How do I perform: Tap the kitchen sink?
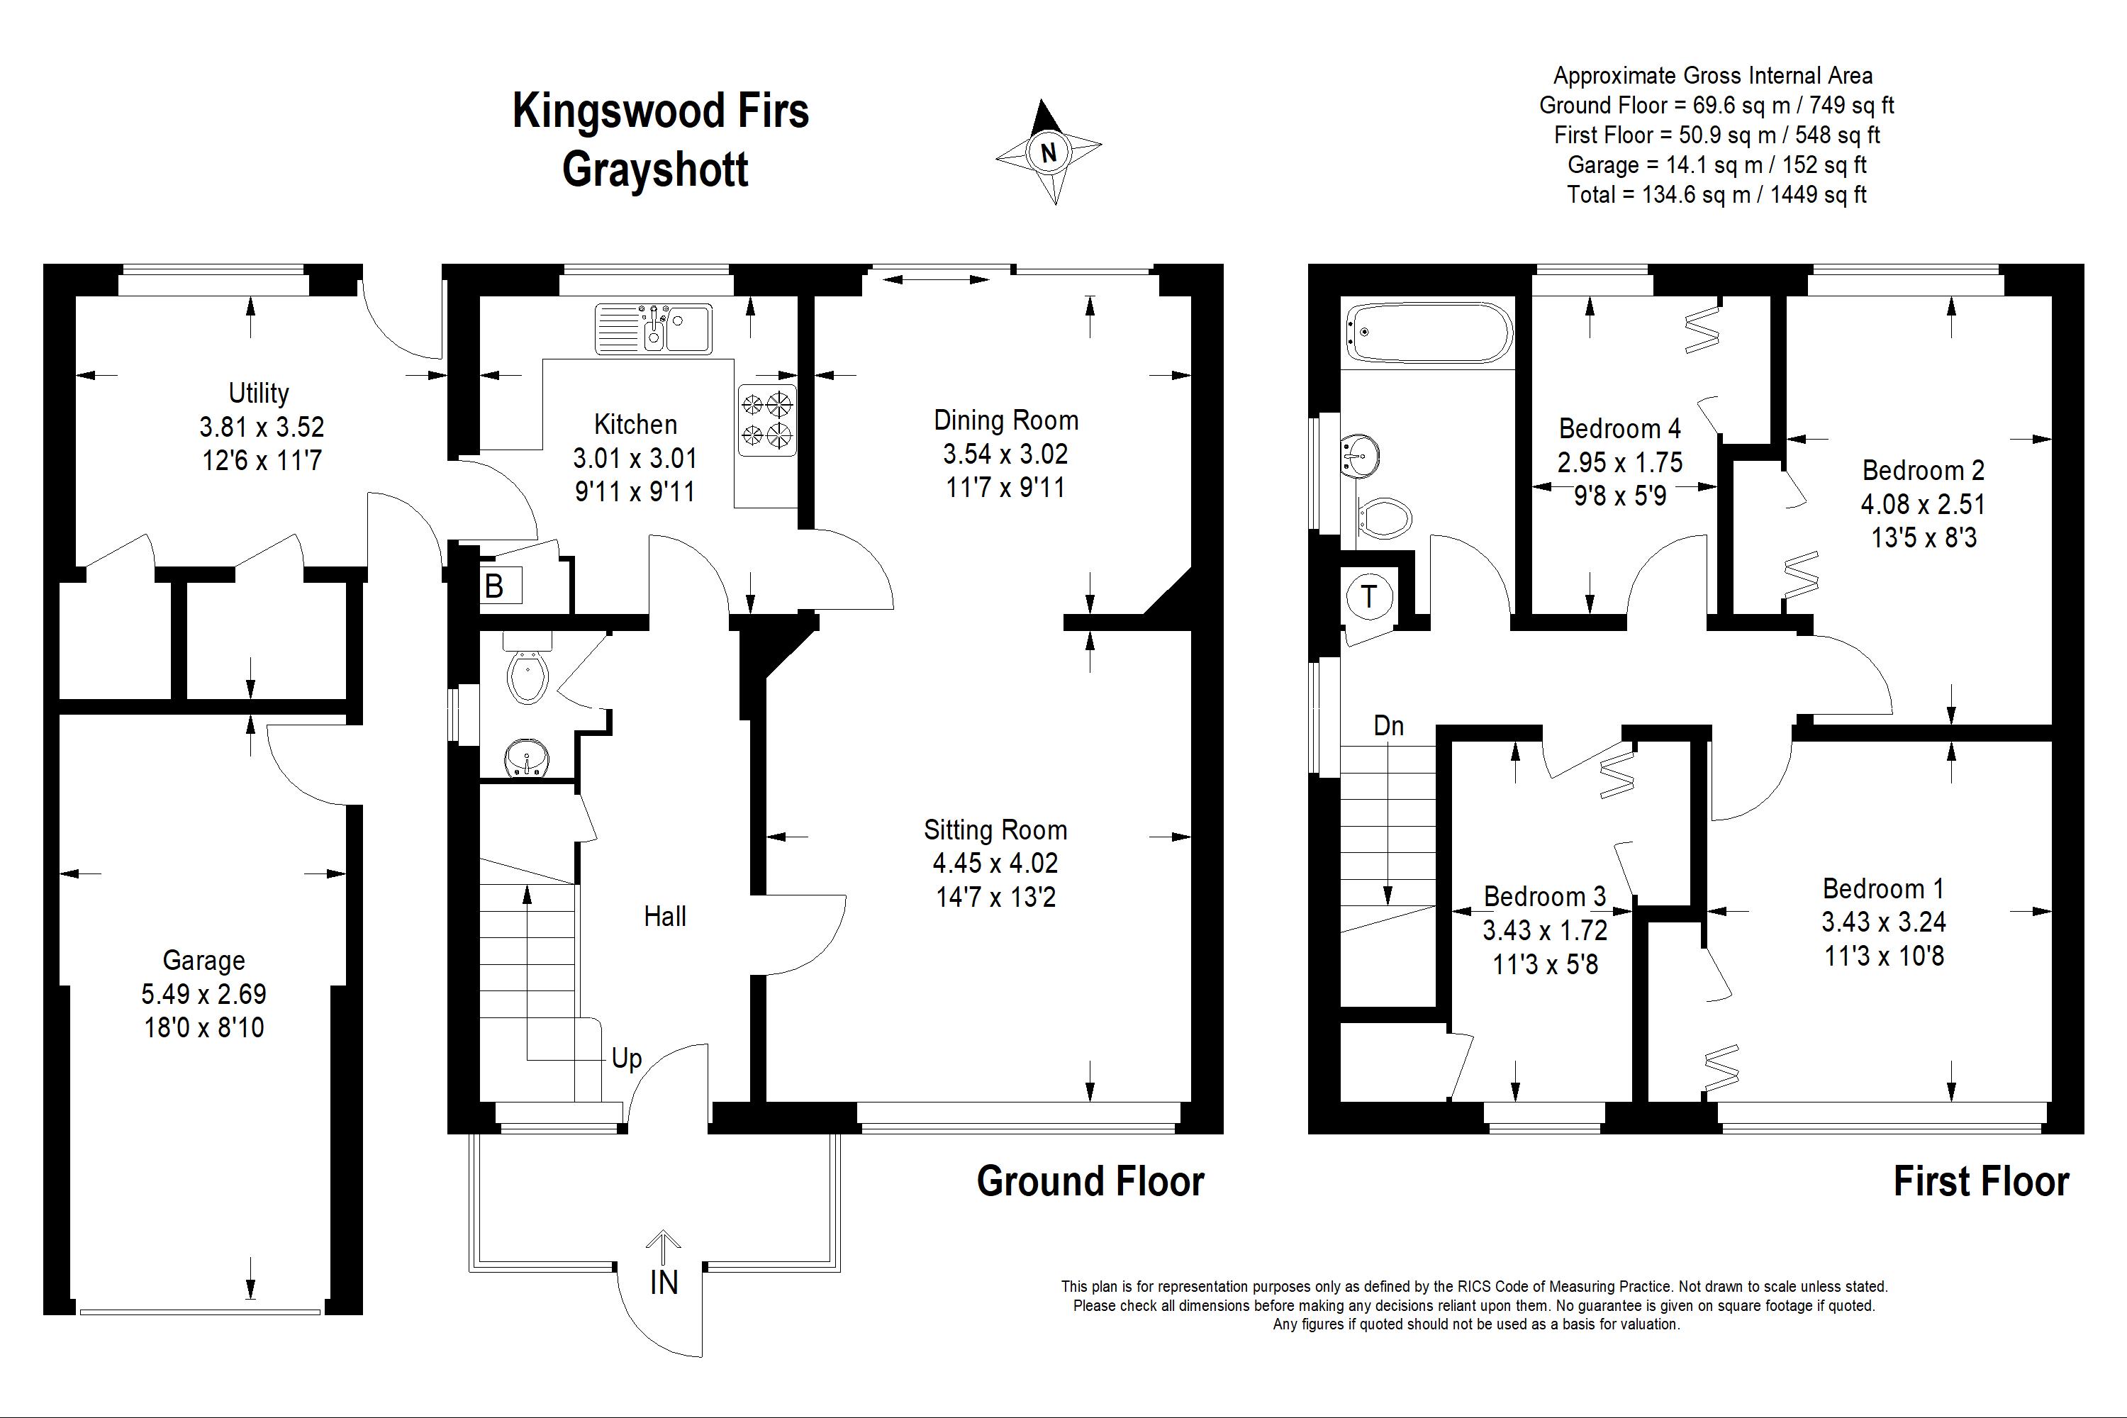[x=654, y=328]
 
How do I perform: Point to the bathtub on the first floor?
[x=1428, y=334]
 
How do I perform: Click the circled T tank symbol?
[x=1369, y=597]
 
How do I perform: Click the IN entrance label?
[x=664, y=1283]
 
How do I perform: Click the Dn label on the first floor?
[x=1388, y=725]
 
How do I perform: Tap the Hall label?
[x=665, y=916]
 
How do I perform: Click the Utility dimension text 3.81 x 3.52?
[x=262, y=427]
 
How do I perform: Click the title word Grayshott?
[x=656, y=169]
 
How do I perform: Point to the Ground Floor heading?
[x=1090, y=1181]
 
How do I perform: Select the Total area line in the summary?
[x=1716, y=194]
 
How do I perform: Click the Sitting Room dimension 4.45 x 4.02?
[x=995, y=864]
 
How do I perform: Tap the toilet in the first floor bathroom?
[x=1385, y=519]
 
